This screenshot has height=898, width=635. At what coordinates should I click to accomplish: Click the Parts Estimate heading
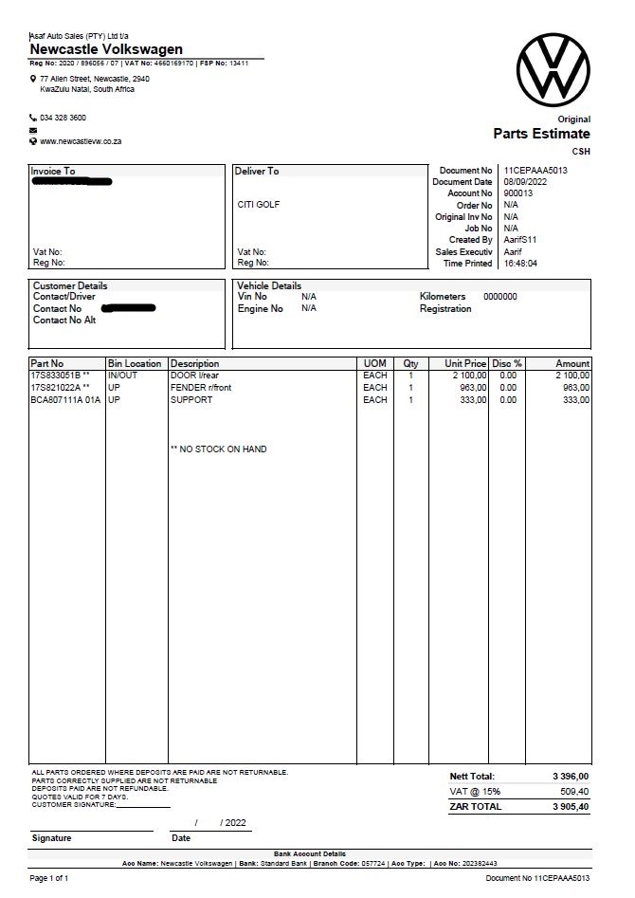click(x=541, y=134)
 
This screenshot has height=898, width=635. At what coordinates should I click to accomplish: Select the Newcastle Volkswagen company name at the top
click(x=106, y=49)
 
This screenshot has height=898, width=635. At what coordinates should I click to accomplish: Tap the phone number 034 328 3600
click(x=63, y=118)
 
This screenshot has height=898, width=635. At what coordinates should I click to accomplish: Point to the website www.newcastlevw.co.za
click(x=81, y=141)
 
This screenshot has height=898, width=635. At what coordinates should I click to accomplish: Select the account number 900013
click(x=517, y=193)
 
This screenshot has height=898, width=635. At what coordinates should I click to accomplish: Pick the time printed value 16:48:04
click(x=520, y=264)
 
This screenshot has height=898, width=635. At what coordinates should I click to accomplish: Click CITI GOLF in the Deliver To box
click(x=259, y=205)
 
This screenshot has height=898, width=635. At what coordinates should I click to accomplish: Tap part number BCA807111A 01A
click(x=65, y=400)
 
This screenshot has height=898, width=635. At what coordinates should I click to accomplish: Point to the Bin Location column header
click(x=135, y=363)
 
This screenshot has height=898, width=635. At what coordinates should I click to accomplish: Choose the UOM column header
click(x=374, y=363)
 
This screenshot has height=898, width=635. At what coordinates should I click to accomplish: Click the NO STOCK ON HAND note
click(x=218, y=449)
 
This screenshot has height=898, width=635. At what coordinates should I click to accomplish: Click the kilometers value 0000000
click(x=500, y=297)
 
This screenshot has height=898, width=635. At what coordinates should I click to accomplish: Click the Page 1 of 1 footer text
click(x=49, y=879)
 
